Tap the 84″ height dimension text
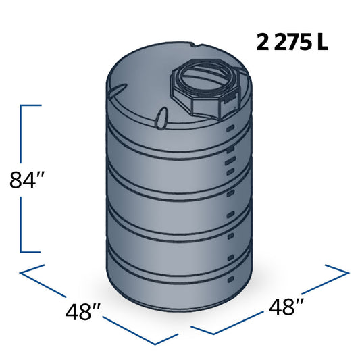(x=26, y=180)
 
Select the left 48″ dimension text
(x=84, y=312)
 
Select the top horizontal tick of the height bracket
(x=31, y=105)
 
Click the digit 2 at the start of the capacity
(x=261, y=43)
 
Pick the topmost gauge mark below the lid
(x=230, y=127)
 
